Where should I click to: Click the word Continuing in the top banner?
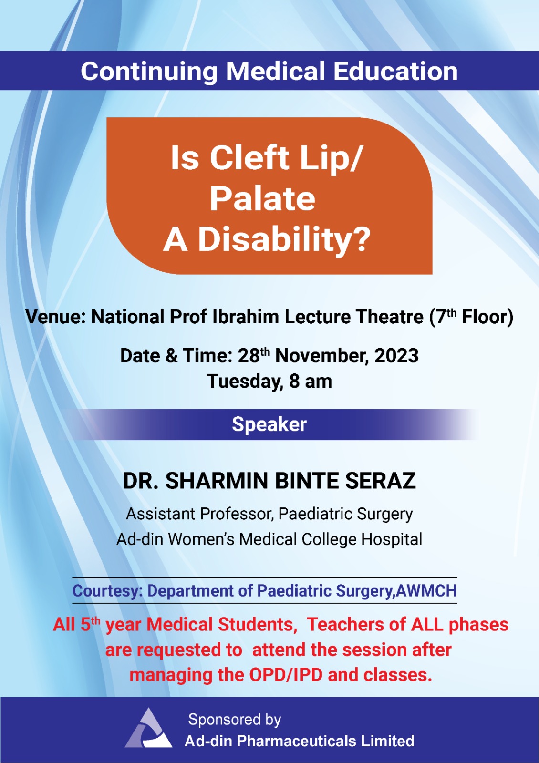click(149, 72)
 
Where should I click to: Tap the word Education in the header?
click(395, 71)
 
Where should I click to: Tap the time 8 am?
click(311, 381)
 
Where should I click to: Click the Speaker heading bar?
click(269, 424)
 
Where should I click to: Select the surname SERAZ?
click(381, 481)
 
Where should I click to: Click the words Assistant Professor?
click(200, 514)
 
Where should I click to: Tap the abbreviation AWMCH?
click(426, 591)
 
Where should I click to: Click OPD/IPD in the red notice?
click(286, 675)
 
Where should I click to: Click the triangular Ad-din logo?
click(148, 727)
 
